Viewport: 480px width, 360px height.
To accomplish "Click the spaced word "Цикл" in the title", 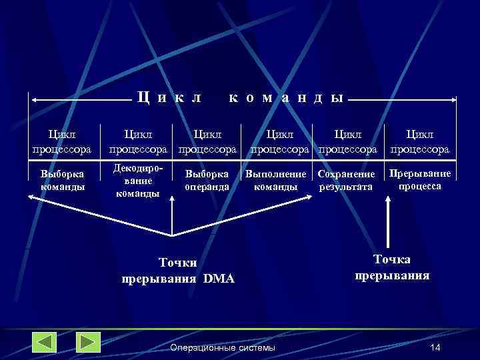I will pos(169,98).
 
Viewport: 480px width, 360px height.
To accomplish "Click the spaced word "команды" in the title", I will pos(285,98).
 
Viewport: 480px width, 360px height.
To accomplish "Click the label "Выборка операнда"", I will pos(207,180).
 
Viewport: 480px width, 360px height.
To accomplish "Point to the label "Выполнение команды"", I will pos(275,181).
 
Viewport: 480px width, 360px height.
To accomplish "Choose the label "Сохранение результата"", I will pos(346,181).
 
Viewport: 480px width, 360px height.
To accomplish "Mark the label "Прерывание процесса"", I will pos(420,180).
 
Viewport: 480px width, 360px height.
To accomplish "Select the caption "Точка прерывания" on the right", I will pos(392,267).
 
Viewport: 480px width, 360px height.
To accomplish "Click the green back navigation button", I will pos(44,342).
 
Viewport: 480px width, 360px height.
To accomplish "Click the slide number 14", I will pos(435,348).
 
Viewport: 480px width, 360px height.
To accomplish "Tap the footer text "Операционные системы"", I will pos(222,348).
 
